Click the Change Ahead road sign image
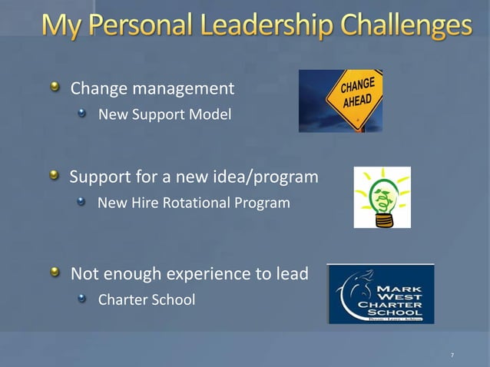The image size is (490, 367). (340, 101)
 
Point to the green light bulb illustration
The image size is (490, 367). (382, 197)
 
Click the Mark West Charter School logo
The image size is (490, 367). (381, 294)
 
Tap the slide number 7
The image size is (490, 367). (452, 355)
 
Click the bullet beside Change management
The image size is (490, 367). (55, 88)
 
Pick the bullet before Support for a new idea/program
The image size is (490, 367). (55, 177)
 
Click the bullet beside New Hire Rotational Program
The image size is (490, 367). (82, 203)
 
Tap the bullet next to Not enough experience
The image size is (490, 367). (55, 273)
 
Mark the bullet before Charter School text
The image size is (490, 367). (82, 298)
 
